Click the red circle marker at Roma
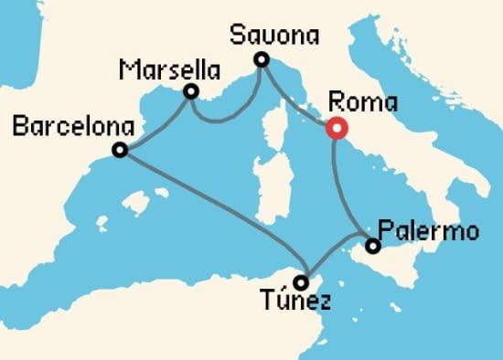click(x=335, y=129)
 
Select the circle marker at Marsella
click(x=191, y=91)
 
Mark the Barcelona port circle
click(x=119, y=151)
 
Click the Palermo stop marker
click(x=372, y=246)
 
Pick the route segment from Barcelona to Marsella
click(x=155, y=122)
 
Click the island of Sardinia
click(x=267, y=183)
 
